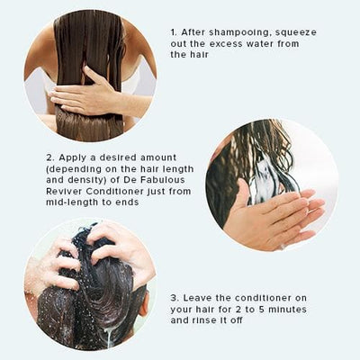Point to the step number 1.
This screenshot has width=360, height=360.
[174, 31]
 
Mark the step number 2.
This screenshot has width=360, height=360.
[49, 157]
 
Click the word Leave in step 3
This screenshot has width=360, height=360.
[196, 298]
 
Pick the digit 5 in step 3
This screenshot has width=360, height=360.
[262, 310]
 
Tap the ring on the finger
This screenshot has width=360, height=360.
[283, 247]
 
